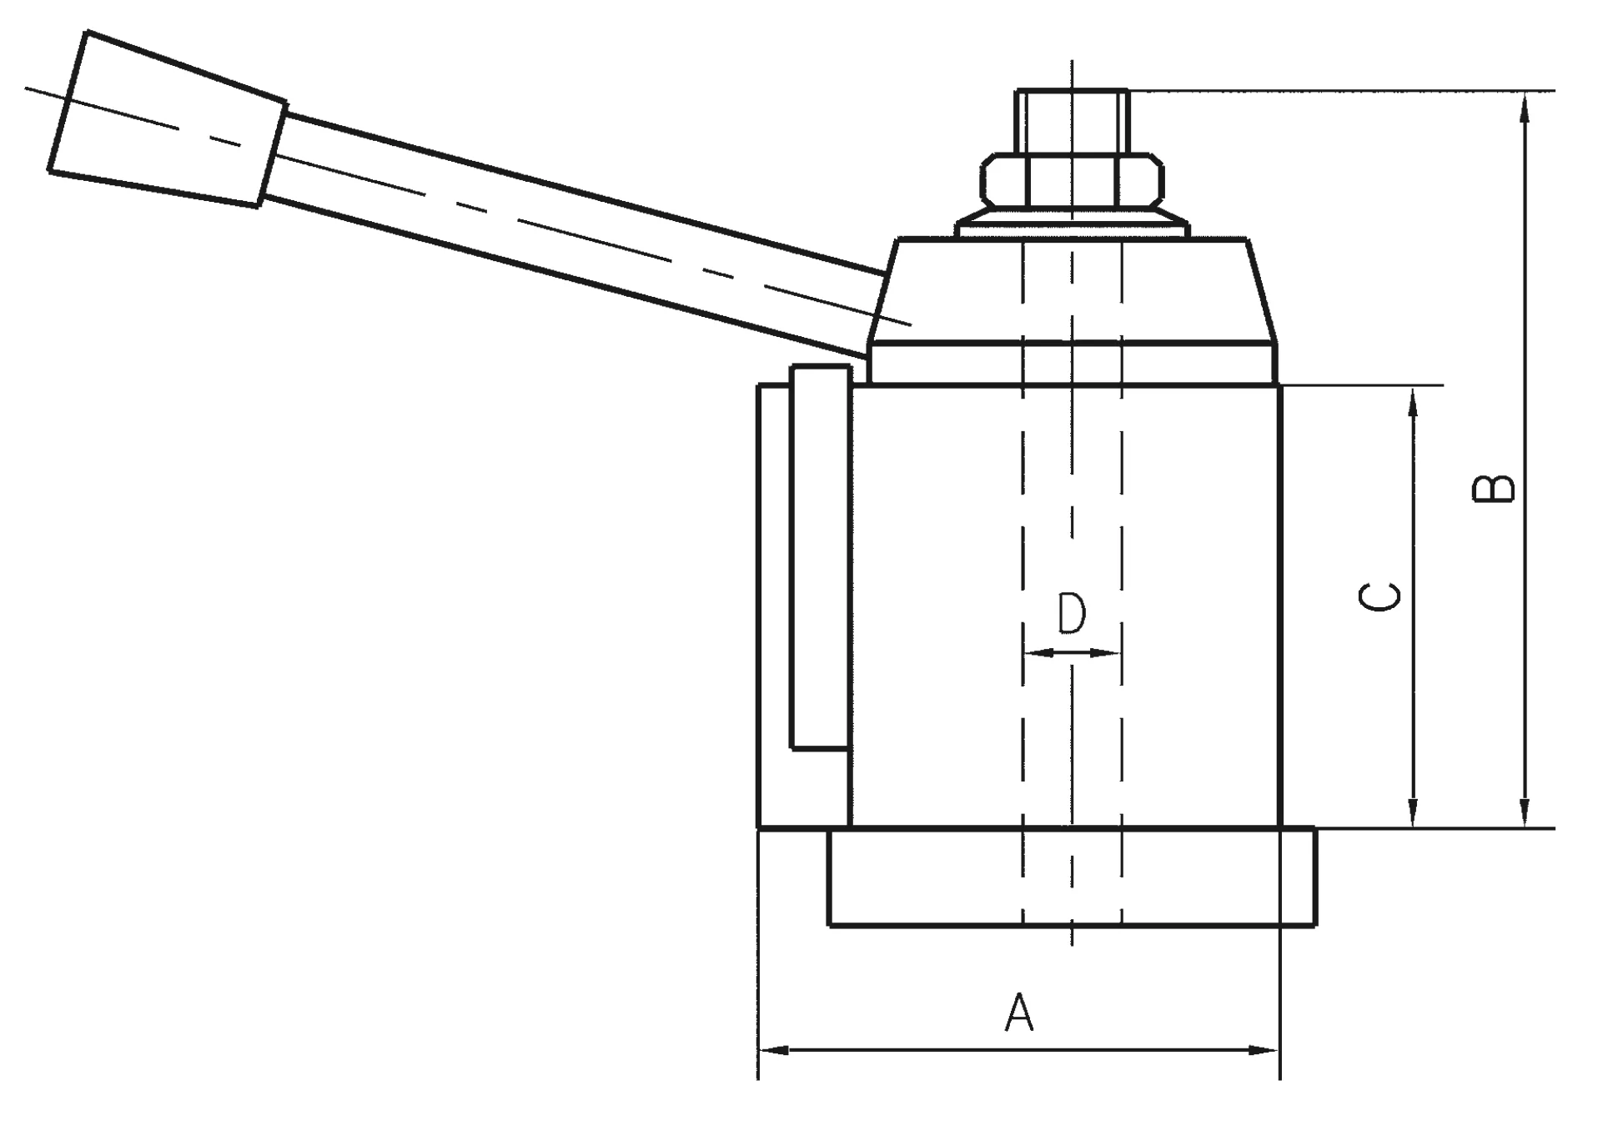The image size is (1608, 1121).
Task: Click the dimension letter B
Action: [x=1493, y=490]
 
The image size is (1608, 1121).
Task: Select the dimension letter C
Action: [x=1379, y=596]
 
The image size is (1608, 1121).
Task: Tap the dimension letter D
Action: [x=1072, y=615]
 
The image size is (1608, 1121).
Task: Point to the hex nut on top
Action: [x=1072, y=180]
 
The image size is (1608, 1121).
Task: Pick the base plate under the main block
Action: [x=1072, y=877]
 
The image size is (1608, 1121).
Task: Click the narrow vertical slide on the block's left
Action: [x=821, y=557]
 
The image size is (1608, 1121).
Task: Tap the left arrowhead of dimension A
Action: [x=772, y=1051]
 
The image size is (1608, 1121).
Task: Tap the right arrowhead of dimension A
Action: [x=1264, y=1051]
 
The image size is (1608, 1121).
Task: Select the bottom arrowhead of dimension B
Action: [x=1525, y=812]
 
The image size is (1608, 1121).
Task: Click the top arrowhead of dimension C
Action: [x=1413, y=402]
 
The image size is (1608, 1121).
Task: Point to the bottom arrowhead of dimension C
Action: [x=1413, y=812]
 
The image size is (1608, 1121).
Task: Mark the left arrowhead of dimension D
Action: [x=1034, y=653]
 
